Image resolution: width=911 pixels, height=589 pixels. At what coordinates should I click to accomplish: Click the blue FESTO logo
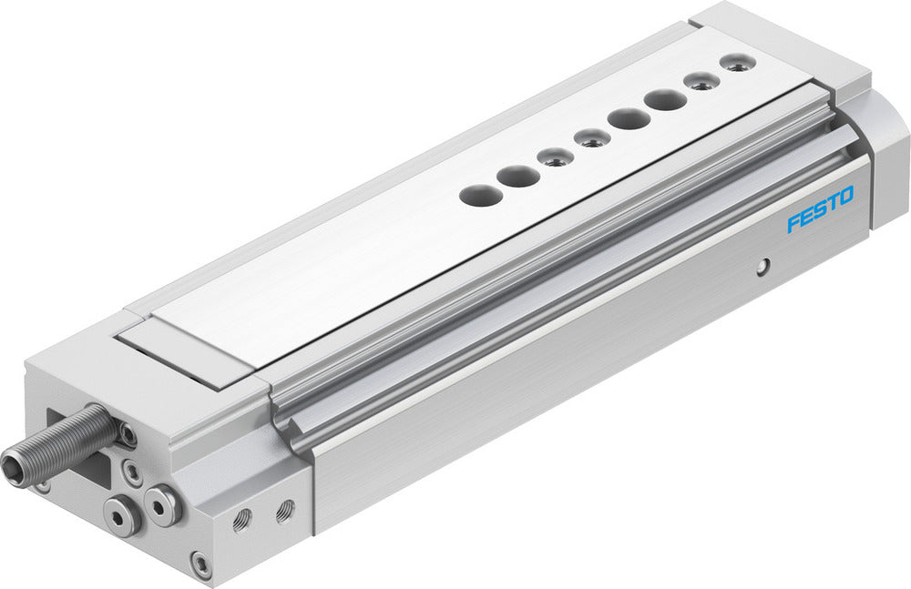tap(820, 209)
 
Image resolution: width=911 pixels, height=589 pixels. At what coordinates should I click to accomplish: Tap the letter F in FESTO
tap(793, 222)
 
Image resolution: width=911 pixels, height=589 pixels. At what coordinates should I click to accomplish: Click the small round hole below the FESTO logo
tap(764, 265)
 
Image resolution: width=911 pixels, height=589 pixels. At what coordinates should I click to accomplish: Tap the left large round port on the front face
tap(120, 514)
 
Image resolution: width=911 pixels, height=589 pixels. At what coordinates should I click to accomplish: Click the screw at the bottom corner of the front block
tap(200, 564)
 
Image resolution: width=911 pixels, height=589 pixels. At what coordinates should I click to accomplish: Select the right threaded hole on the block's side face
tap(285, 506)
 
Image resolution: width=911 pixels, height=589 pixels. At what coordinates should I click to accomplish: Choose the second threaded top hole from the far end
tap(700, 81)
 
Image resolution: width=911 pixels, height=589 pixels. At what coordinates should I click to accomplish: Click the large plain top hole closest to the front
tap(475, 193)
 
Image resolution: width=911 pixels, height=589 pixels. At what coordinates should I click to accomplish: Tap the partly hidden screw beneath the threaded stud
tap(43, 484)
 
